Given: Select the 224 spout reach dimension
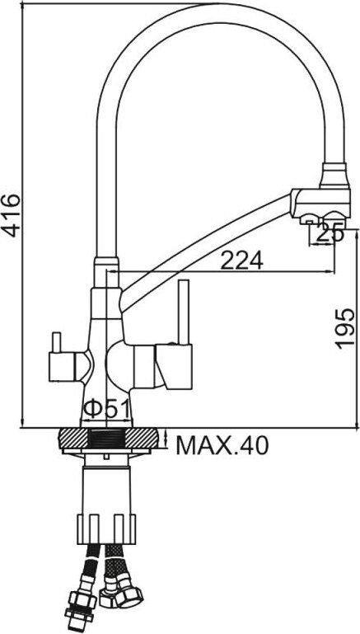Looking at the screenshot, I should [241, 261].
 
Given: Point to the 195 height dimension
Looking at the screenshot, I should [346, 328].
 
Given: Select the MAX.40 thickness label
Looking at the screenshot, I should [222, 446].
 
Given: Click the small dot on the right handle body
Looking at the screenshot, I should [171, 342].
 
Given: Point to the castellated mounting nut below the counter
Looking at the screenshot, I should [105, 524].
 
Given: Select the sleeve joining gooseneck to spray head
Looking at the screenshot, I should [333, 175].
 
